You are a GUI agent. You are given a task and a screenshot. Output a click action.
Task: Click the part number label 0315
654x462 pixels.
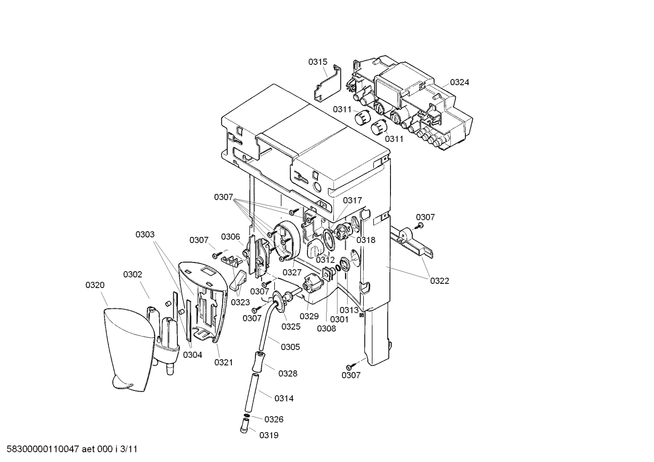317,62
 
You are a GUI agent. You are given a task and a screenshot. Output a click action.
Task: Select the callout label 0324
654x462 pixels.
459,82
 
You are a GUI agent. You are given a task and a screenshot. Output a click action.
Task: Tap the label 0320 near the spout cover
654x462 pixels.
95,285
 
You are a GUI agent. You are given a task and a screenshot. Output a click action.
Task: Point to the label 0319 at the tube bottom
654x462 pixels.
269,435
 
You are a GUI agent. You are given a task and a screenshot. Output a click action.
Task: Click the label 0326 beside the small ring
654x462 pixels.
274,419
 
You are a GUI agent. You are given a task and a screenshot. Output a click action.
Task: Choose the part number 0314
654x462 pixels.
284,398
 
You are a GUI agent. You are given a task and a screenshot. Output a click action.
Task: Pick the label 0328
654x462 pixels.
288,374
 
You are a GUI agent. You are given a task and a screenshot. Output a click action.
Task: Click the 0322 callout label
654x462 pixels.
439,281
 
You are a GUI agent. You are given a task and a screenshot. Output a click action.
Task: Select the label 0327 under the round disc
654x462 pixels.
292,272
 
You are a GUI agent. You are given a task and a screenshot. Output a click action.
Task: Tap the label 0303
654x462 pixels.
145,234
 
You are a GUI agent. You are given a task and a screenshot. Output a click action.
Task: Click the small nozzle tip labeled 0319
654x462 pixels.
244,425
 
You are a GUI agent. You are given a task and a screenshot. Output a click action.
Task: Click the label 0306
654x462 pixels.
230,237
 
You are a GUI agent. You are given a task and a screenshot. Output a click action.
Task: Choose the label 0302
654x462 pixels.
132,274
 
